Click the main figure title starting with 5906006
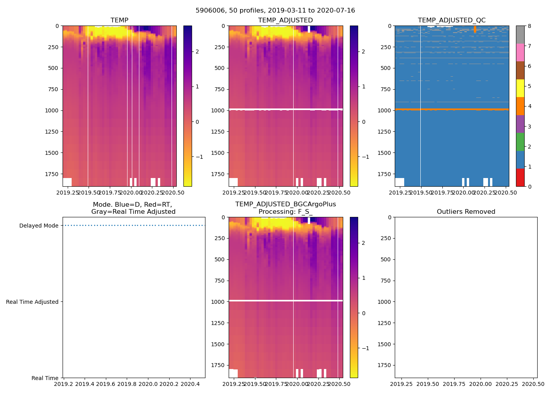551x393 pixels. click(275, 11)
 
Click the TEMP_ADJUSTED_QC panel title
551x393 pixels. click(451, 20)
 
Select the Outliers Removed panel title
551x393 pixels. click(466, 212)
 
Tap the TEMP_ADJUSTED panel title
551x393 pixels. click(285, 20)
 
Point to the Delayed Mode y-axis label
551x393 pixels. click(39, 226)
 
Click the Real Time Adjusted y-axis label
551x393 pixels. click(32, 302)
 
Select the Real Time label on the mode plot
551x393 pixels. click(45, 378)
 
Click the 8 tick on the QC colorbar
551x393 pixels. click(529, 26)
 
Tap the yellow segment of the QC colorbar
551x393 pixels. click(520, 88)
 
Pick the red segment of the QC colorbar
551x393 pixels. click(520, 178)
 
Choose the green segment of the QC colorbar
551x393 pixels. click(520, 142)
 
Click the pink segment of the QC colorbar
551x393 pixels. click(520, 52)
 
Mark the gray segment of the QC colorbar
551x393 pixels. click(520, 35)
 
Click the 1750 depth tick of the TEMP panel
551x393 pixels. click(52, 174)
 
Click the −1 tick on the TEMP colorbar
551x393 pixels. click(199, 157)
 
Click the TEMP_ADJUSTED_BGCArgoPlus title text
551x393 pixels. click(285, 204)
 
